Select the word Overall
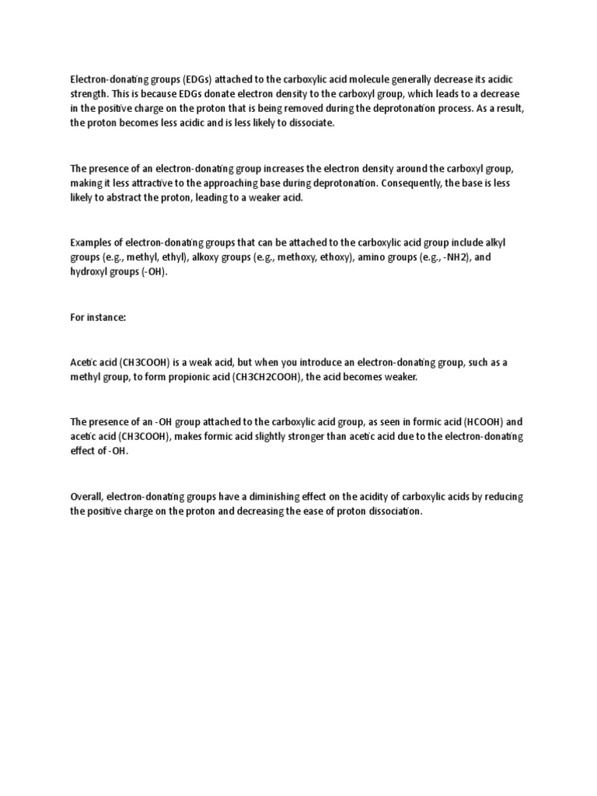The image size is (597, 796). (x=86, y=496)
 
